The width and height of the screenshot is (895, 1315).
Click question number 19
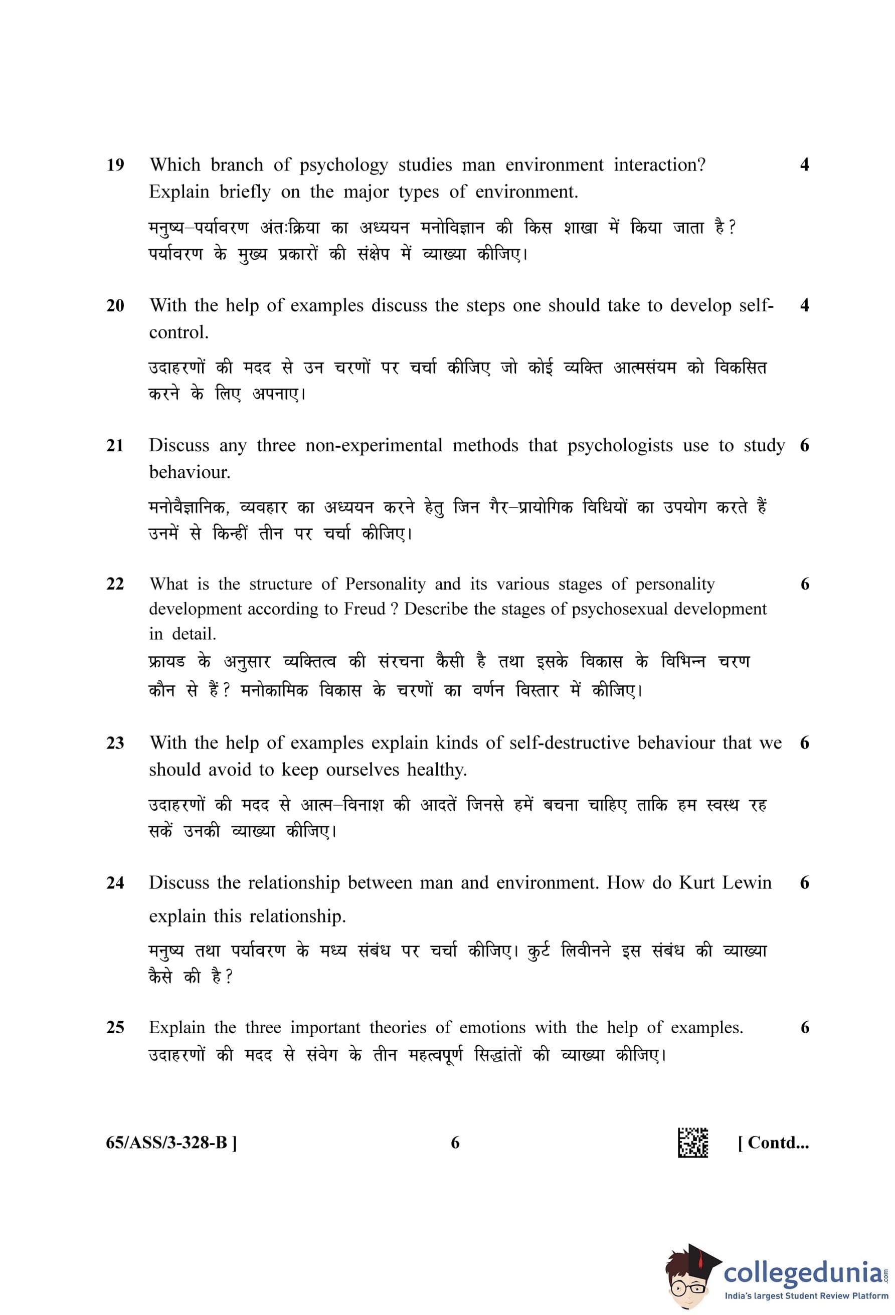pyautogui.click(x=115, y=165)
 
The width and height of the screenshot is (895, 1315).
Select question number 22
pyautogui.click(x=115, y=584)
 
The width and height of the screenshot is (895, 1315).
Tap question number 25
pyautogui.click(x=115, y=1027)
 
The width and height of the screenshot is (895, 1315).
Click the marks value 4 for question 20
pyautogui.click(x=804, y=305)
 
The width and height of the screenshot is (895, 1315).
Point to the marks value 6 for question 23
pyautogui.click(x=804, y=743)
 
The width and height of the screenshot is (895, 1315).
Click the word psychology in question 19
pyautogui.click(x=343, y=165)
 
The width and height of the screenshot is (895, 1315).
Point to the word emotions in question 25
pyautogui.click(x=492, y=1027)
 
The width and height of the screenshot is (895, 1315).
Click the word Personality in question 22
pyautogui.click(x=385, y=584)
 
